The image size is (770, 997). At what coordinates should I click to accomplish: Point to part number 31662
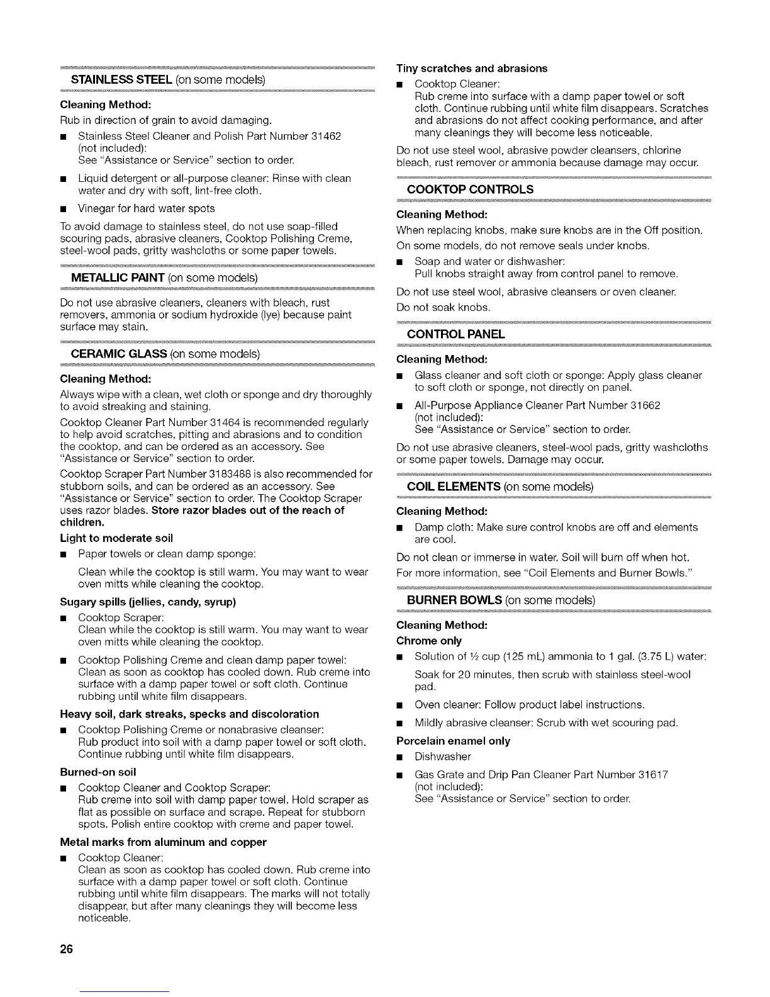tap(642, 405)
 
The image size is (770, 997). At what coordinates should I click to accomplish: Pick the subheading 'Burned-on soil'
tap(98, 772)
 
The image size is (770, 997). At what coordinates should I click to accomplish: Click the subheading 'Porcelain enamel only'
tap(453, 741)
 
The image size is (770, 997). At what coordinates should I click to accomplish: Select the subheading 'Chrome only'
tap(429, 641)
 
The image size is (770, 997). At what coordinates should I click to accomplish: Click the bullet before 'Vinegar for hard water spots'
tap(64, 209)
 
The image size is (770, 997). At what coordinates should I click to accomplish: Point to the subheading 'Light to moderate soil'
tap(116, 538)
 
